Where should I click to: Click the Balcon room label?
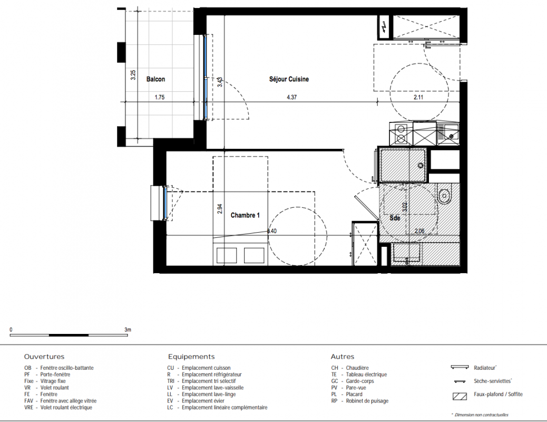click(x=155, y=79)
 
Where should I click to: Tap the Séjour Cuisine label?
click(x=289, y=79)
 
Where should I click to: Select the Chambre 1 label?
click(x=245, y=216)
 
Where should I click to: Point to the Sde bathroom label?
click(x=395, y=218)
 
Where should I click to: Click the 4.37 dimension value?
click(x=291, y=98)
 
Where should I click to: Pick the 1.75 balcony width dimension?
click(x=160, y=98)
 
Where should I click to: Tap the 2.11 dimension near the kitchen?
click(x=418, y=98)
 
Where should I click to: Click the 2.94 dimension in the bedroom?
click(x=220, y=209)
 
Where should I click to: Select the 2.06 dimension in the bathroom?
click(x=419, y=231)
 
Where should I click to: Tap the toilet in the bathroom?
click(x=444, y=195)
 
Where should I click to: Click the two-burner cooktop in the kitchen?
click(x=401, y=133)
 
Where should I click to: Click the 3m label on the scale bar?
click(x=128, y=330)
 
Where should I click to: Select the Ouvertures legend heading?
click(x=44, y=357)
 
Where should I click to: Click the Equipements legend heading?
click(x=191, y=357)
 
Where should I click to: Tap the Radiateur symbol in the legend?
click(x=460, y=368)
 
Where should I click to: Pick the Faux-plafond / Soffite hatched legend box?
click(x=460, y=397)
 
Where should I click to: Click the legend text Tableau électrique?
click(x=366, y=375)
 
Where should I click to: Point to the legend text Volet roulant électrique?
click(x=66, y=408)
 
